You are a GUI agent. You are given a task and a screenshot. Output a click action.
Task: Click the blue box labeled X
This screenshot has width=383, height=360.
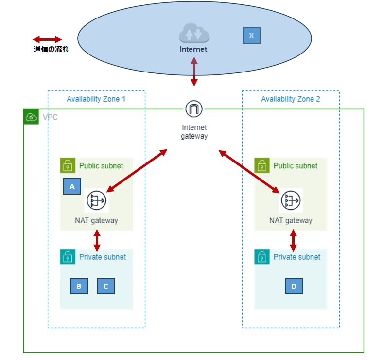tap(251, 36)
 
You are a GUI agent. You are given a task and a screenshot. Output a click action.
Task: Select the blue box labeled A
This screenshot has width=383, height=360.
tap(72, 186)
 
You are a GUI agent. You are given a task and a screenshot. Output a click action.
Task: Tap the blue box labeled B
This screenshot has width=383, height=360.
tap(79, 286)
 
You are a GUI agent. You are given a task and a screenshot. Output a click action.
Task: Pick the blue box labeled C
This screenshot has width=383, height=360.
tap(105, 286)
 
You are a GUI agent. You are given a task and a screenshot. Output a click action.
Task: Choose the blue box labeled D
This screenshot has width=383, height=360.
tap(294, 286)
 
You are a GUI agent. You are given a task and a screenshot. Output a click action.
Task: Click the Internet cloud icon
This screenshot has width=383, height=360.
tap(194, 33)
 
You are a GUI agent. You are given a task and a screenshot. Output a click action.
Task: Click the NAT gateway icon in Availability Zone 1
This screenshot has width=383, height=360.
tap(96, 200)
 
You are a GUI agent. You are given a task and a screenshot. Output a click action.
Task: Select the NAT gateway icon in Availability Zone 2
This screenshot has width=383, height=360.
tap(291, 200)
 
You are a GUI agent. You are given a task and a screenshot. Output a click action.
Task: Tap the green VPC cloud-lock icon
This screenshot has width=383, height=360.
tap(31, 117)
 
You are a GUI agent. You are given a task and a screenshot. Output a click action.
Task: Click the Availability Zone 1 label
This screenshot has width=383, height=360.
tap(96, 99)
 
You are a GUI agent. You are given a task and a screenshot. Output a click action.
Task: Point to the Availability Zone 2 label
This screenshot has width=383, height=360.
tap(291, 99)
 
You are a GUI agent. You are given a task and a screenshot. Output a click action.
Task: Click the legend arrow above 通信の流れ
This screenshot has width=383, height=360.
tap(47, 39)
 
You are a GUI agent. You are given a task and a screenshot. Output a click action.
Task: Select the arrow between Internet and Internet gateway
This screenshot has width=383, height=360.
tap(194, 72)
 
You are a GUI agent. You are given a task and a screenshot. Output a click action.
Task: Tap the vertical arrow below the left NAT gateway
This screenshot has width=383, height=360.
tap(97, 239)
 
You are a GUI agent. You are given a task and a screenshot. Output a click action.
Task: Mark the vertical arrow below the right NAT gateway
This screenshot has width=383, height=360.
tap(293, 239)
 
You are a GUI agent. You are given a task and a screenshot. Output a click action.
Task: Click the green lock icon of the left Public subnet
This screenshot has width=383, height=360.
tap(67, 165)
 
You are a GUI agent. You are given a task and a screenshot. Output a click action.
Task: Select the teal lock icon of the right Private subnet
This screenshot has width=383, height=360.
tap(261, 257)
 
